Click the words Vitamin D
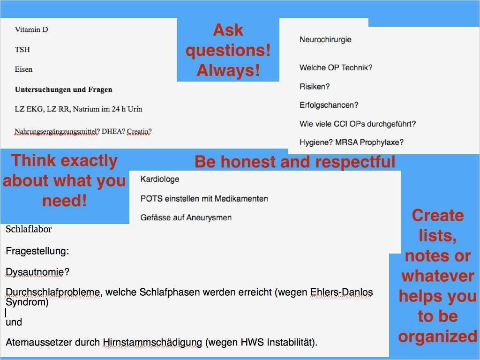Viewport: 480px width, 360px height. coord(31,30)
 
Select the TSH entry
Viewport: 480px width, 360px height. coord(22,50)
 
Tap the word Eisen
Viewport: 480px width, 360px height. coord(24,69)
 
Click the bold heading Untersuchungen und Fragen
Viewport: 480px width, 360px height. coord(63,90)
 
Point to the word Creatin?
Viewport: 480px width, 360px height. coord(139,132)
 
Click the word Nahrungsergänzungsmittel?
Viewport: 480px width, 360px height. coord(57,132)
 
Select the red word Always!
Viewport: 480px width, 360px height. coord(228,70)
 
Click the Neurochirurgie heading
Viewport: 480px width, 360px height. coord(325,40)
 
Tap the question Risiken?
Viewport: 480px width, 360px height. coord(315,87)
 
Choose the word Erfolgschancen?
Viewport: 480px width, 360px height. coord(329,105)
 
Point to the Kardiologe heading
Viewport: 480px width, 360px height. coord(160,179)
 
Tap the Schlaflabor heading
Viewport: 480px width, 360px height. coord(29,229)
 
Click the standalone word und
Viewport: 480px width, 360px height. coord(14,322)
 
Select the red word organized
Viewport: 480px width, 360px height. coord(437,337)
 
